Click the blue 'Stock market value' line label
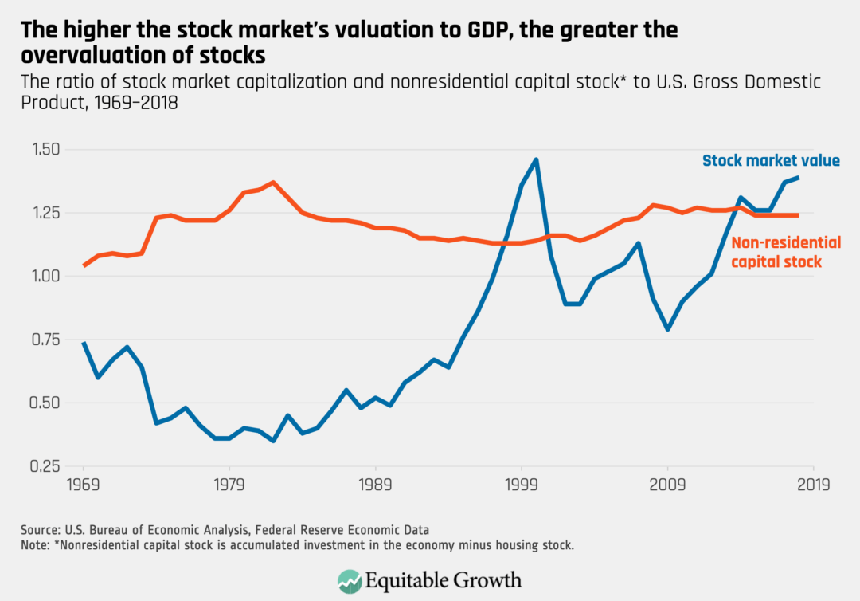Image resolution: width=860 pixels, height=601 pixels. pos(770,160)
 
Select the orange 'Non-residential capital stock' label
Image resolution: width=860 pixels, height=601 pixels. pos(776,251)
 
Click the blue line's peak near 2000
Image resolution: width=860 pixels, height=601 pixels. pos(536,159)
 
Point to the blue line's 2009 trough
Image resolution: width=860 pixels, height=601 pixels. pos(668,329)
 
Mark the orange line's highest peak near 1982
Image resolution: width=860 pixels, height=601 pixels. pos(273,183)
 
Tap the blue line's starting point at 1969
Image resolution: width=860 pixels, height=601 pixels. pos(84,342)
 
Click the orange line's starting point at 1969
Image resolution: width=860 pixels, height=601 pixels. pos(84,265)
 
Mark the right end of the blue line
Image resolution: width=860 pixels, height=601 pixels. pos(799,177)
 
